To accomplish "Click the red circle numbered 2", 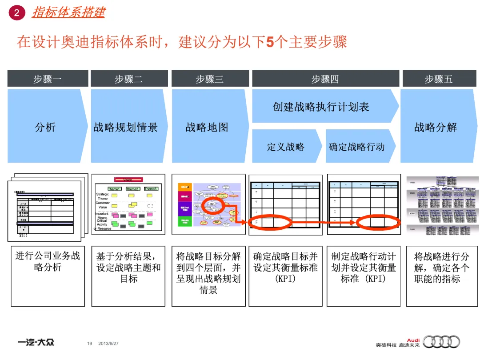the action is [x=17, y=13].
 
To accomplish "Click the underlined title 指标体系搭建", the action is [x=68, y=12].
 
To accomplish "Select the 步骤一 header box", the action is [x=48, y=79].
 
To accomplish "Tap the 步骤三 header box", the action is [x=209, y=79].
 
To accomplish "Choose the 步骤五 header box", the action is [x=438, y=79].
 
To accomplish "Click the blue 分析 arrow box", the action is [x=46, y=127].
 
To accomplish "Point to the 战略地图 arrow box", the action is [x=208, y=127].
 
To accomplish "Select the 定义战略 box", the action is [x=286, y=146].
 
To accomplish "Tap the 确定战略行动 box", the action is [x=357, y=146].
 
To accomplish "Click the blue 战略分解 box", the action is [x=436, y=127].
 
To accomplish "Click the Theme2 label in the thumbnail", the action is [x=132, y=189].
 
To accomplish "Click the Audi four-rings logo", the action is [x=441, y=341].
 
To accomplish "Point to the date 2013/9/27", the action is [x=108, y=344].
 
